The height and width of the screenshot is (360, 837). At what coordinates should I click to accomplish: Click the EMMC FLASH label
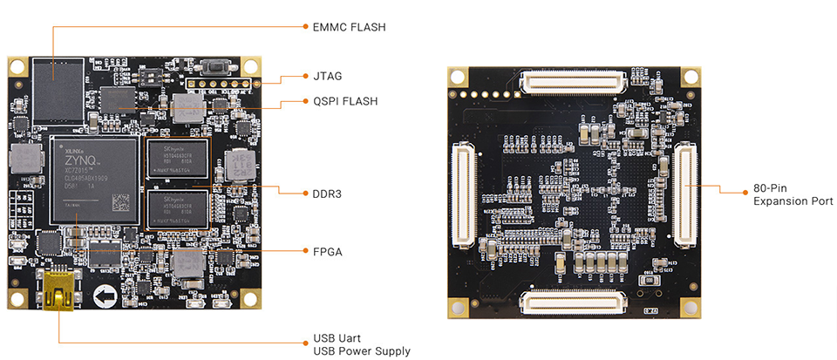click(349, 27)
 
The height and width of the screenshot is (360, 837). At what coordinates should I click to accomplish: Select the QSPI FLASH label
click(345, 101)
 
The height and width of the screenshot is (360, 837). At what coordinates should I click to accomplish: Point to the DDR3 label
click(328, 193)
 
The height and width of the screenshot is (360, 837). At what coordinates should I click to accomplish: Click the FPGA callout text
click(328, 252)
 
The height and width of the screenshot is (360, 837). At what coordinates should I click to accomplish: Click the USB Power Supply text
click(362, 351)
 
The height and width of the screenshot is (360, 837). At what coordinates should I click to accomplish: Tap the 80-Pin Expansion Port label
click(793, 194)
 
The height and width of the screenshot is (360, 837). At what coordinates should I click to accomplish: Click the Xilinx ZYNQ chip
click(95, 179)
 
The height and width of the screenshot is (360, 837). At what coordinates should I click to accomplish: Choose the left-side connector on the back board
click(463, 194)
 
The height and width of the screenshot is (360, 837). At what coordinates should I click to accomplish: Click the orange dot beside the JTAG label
click(304, 77)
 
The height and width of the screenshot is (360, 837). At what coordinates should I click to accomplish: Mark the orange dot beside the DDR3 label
click(304, 193)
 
